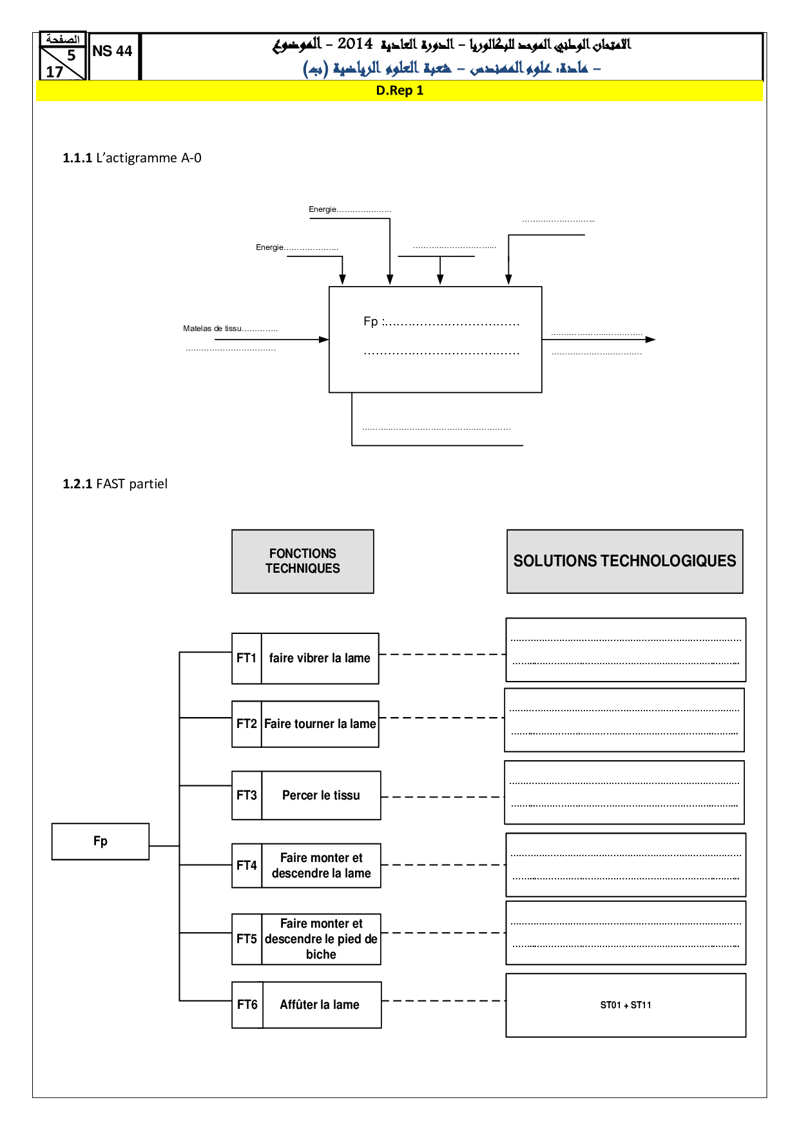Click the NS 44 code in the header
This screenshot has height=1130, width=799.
click(x=112, y=52)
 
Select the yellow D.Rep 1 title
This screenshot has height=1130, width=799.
click(x=400, y=91)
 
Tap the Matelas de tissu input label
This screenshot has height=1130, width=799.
click(x=213, y=329)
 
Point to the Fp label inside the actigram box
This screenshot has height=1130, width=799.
click(x=371, y=321)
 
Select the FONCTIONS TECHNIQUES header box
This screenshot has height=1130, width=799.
click(x=303, y=561)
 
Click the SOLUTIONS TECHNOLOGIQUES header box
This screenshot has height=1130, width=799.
click(x=624, y=561)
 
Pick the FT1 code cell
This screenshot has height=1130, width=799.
click(x=247, y=658)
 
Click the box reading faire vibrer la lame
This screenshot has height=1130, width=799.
click(x=320, y=658)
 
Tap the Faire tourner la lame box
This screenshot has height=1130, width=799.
click(x=320, y=724)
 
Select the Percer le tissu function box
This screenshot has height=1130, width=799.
click(x=321, y=796)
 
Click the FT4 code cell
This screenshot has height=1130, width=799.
click(x=247, y=865)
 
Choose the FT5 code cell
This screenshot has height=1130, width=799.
click(x=247, y=939)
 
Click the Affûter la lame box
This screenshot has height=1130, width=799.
click(x=320, y=1004)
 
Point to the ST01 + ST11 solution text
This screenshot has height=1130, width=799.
click(x=626, y=1005)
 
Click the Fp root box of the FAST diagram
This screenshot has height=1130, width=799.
click(x=101, y=841)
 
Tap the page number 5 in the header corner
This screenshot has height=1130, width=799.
click(x=72, y=55)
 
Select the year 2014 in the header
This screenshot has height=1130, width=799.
click(x=355, y=44)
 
